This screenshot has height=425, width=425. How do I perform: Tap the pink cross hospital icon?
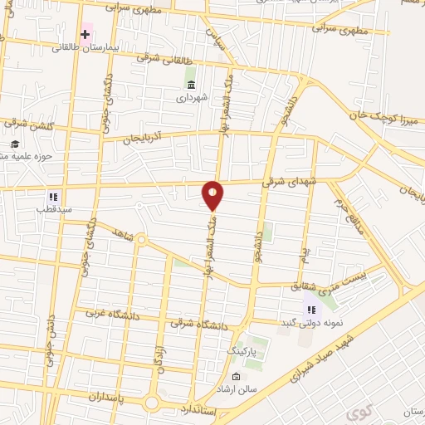[85, 34]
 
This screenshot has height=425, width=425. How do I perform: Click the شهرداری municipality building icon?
[192, 85]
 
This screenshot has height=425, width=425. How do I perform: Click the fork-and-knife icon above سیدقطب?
[51, 197]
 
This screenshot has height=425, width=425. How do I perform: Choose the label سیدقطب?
[54, 210]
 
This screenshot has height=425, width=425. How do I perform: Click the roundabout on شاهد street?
[141, 241]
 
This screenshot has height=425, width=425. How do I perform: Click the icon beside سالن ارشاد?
[236, 378]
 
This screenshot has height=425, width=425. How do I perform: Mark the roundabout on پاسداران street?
[152, 403]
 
